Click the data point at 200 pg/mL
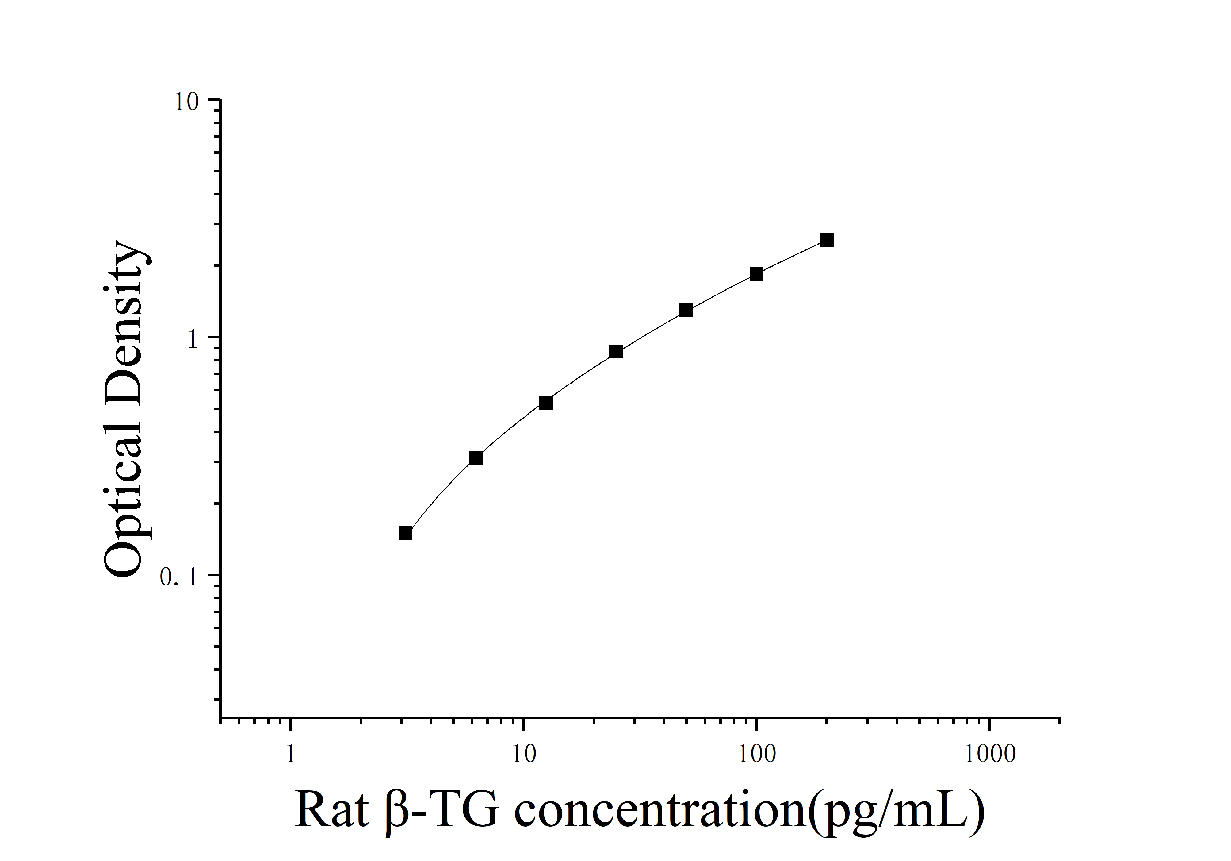pos(826,240)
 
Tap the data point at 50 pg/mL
pos(686,310)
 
